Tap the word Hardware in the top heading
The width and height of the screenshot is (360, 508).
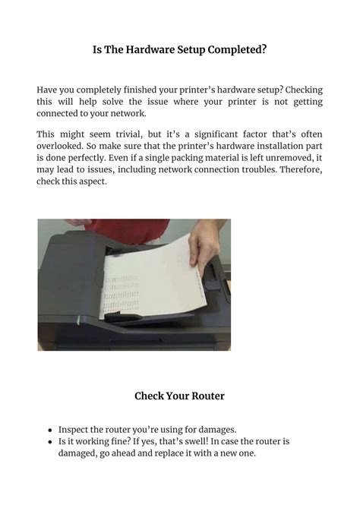click(x=145, y=50)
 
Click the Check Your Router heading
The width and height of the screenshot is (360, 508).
click(x=179, y=396)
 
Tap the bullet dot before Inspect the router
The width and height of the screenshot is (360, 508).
click(x=50, y=429)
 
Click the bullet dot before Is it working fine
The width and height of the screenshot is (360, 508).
click(x=50, y=441)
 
